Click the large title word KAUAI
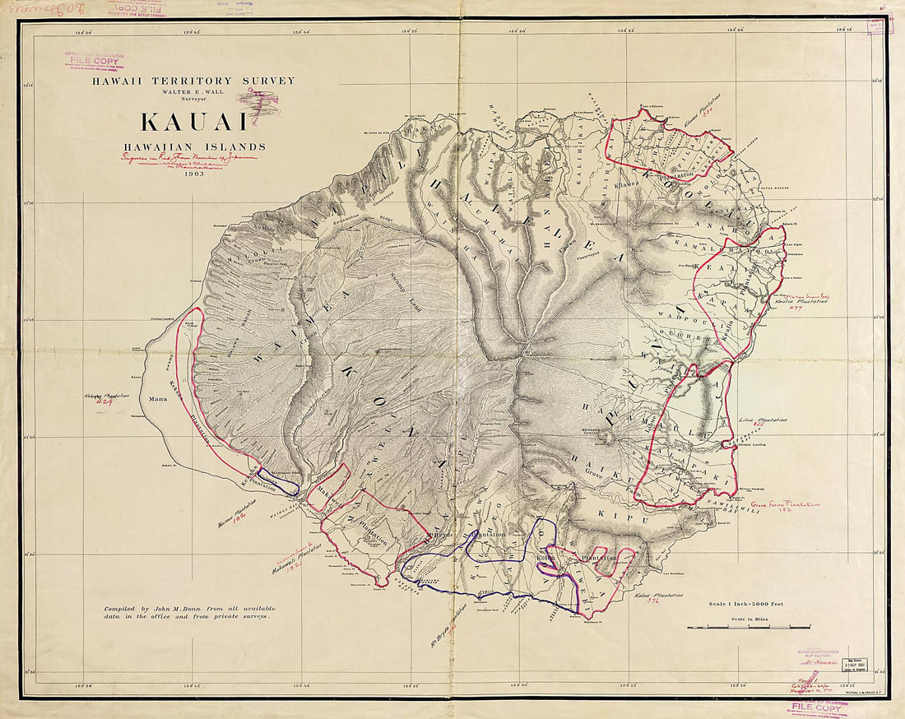point(194,120)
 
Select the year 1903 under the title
point(194,174)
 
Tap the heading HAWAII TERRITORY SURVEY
point(194,80)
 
